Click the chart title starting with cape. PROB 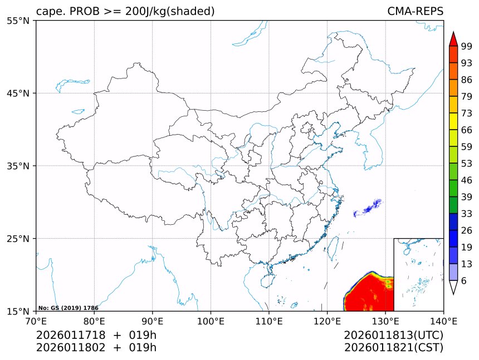coord(125,12)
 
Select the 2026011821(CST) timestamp coord(393,348)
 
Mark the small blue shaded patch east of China coord(368,208)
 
